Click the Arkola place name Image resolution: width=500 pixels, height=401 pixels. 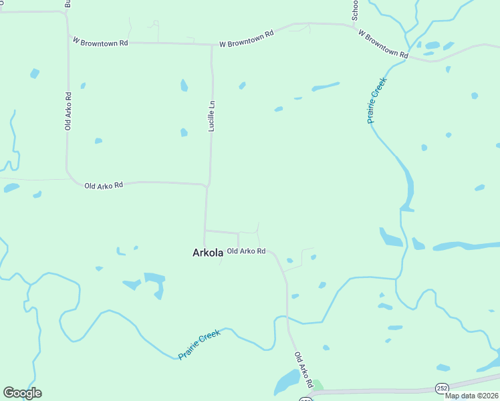pos(207,253)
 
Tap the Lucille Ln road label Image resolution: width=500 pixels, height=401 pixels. pos(211,115)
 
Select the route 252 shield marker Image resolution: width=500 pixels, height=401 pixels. pos(442,388)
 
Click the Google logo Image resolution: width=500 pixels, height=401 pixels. pos(22,393)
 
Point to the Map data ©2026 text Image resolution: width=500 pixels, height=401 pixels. pos(472,396)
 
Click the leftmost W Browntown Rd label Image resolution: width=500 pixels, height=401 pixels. pos(100,42)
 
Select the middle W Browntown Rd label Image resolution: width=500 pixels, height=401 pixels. pos(247,39)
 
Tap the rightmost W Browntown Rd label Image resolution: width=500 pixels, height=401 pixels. pos(382,43)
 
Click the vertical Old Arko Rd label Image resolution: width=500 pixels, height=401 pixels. pos(68,111)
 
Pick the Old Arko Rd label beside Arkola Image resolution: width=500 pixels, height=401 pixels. pos(247,251)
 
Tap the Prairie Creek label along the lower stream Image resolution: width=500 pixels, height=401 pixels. pos(199,345)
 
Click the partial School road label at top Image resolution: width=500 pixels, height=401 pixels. pos(356,9)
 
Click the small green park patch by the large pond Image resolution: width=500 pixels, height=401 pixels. pos(318,385)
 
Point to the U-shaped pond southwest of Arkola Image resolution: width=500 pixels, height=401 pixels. pos(155,283)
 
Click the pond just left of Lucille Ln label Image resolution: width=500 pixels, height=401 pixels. pos(184,132)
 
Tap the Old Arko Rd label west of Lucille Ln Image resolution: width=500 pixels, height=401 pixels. pos(104,185)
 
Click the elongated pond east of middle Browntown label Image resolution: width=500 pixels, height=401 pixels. pos(326,86)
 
